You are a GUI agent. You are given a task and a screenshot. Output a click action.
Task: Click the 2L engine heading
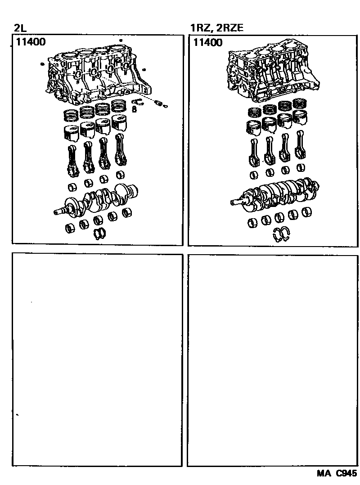coord(20,28)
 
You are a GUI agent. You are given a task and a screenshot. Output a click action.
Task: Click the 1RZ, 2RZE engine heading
coord(217,28)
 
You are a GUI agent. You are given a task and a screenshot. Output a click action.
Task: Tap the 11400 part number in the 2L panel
coord(31,42)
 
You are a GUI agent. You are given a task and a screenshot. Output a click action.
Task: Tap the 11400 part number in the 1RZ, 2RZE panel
coord(208,42)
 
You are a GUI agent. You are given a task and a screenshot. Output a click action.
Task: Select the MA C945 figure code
coord(337,473)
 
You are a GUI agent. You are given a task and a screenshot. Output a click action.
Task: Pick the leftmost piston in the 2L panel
coord(72,133)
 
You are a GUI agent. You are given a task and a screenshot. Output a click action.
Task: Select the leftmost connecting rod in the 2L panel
coord(73,161)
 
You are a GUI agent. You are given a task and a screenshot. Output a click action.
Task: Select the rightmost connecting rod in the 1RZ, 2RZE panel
coord(300,145)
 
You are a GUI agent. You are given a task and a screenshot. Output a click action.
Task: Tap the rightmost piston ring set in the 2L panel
coord(118,105)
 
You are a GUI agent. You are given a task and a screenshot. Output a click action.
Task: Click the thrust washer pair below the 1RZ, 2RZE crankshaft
coord(281,234)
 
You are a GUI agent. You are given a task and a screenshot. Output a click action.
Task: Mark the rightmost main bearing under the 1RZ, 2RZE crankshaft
coord(307,212)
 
